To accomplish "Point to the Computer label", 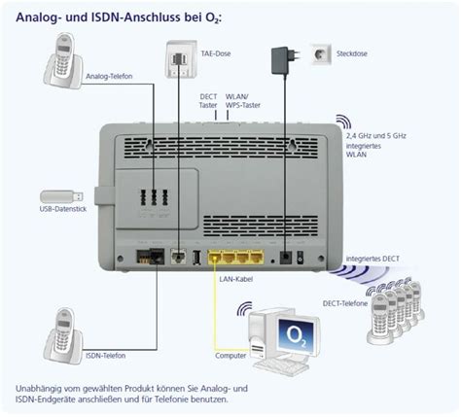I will (231, 356).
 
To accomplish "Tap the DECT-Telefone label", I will (345, 302).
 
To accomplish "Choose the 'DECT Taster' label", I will (209, 100).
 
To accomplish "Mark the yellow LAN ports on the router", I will (237, 230).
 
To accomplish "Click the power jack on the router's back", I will (285, 230).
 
